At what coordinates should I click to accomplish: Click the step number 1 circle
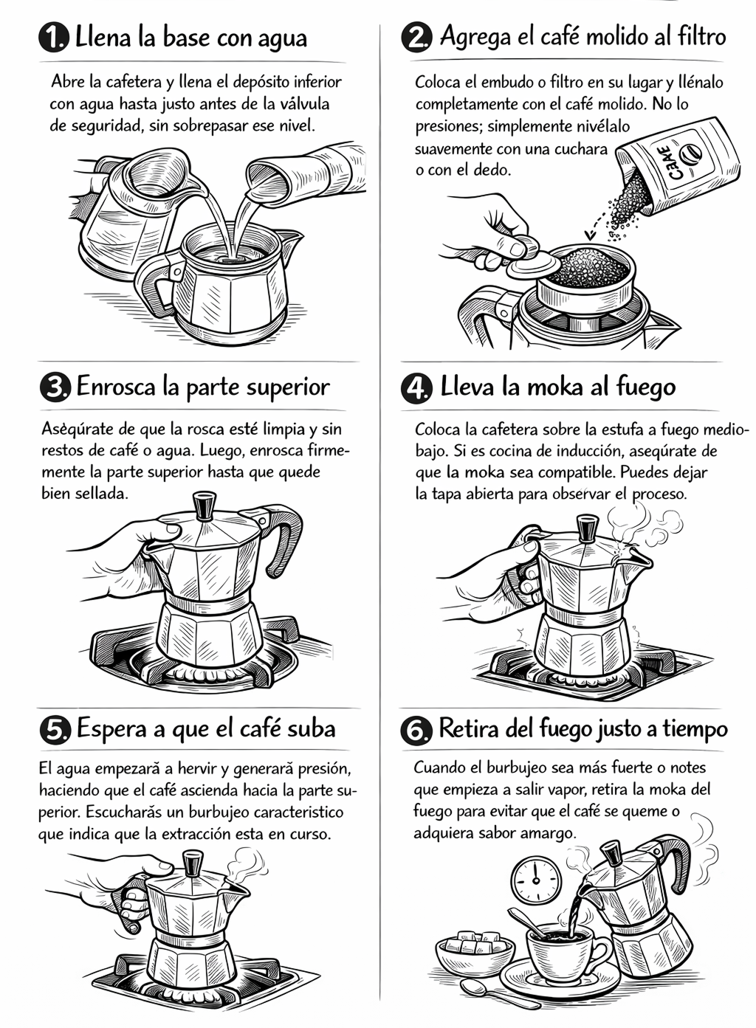[x=54, y=37]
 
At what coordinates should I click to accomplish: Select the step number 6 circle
[x=416, y=731]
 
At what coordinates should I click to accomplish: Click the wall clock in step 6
[x=536, y=880]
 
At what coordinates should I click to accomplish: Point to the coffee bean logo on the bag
[x=689, y=156]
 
